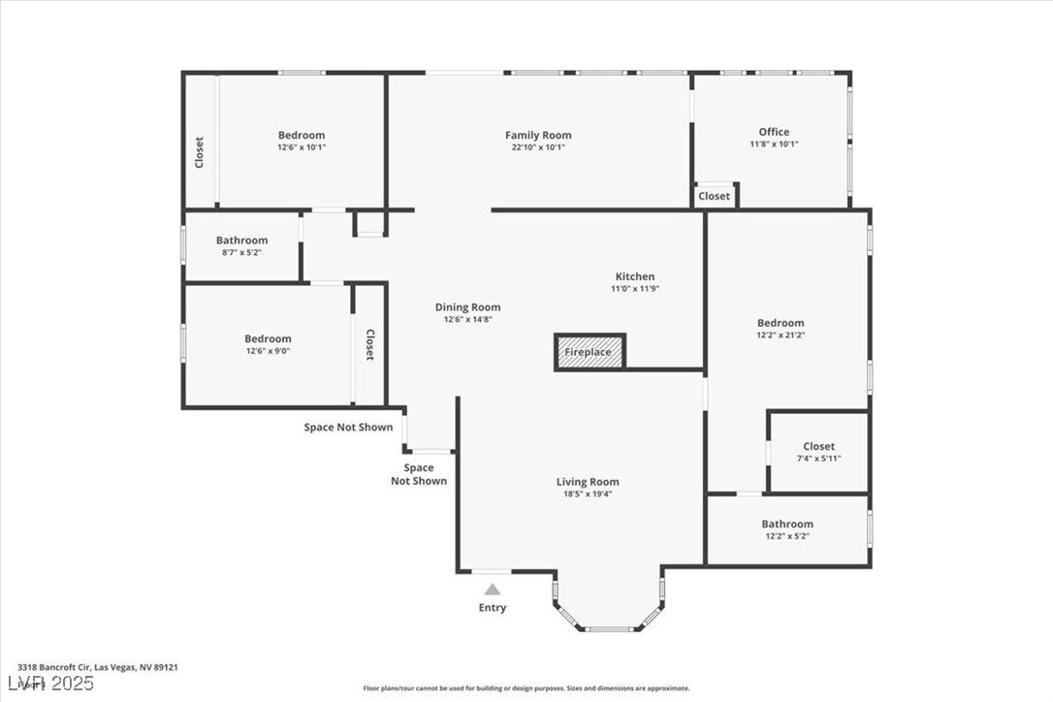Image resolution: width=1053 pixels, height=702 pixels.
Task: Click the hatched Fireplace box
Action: click(590, 352)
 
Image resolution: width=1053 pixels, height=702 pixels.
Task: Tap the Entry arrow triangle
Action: click(493, 589)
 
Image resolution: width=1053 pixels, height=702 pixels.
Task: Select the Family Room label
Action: click(538, 135)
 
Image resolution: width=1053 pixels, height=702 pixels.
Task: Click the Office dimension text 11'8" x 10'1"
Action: click(774, 144)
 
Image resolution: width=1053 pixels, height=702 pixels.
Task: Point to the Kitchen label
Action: click(634, 276)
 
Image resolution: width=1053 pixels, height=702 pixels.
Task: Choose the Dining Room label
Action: click(467, 307)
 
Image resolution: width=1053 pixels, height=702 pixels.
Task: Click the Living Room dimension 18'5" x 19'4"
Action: click(588, 494)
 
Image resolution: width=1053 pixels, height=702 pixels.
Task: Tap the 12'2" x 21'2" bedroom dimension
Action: click(781, 335)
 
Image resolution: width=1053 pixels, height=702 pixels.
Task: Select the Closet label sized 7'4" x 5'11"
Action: click(818, 446)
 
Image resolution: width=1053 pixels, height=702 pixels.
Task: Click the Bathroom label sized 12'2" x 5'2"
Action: click(787, 524)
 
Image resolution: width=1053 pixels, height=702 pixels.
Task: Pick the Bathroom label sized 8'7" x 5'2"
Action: click(241, 240)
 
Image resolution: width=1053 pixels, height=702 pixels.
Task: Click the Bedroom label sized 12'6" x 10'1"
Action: click(302, 135)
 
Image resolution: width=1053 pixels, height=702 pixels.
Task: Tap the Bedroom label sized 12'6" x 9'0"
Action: click(268, 338)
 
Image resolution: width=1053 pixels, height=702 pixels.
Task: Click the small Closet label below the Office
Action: click(715, 196)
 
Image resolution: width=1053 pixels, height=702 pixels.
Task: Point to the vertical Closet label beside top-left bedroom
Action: click(200, 152)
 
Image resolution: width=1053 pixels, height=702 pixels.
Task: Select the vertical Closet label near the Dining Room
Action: click(369, 345)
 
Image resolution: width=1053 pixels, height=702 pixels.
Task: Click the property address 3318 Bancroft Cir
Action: click(97, 667)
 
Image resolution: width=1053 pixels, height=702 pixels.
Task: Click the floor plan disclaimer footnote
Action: click(526, 688)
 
